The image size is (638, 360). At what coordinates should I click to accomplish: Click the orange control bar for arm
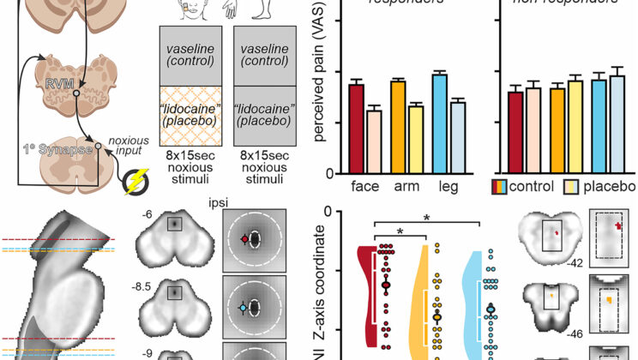pyautogui.click(x=398, y=126)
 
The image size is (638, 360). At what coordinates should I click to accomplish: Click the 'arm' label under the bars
pyautogui.click(x=406, y=187)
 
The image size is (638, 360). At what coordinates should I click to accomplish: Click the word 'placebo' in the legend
pyautogui.click(x=611, y=187)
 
